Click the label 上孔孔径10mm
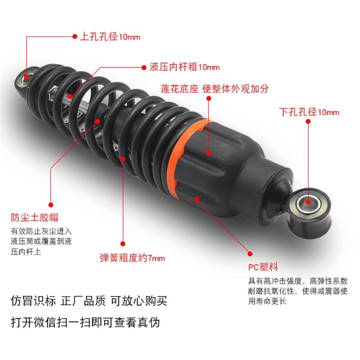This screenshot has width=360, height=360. [110, 37]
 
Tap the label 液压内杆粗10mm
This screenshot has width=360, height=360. [184, 67]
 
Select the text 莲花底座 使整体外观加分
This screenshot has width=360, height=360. [215, 89]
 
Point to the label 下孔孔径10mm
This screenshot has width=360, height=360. [309, 112]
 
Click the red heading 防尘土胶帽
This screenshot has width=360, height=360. [35, 217]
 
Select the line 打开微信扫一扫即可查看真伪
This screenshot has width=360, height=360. [85, 323]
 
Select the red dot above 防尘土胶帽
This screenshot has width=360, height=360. [51, 204]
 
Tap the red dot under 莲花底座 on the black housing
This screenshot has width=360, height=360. [209, 153]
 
